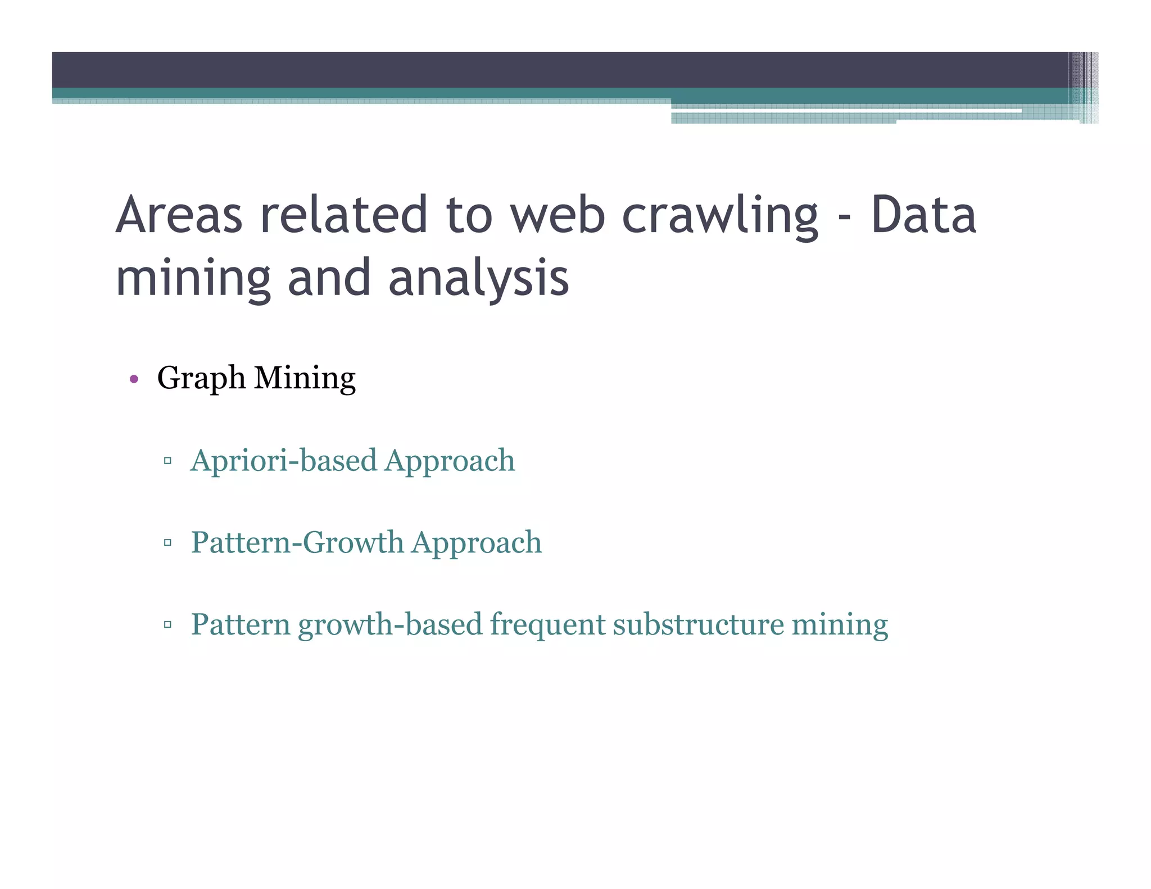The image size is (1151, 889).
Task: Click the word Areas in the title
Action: click(179, 215)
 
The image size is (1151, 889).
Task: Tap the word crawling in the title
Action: click(720, 215)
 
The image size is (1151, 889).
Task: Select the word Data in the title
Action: click(923, 215)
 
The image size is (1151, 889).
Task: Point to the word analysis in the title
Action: click(478, 278)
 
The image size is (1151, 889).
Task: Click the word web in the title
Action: click(557, 215)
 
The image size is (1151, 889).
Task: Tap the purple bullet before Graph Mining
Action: click(134, 379)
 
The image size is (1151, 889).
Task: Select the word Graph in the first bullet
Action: click(201, 378)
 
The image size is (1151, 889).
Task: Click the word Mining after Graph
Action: click(305, 378)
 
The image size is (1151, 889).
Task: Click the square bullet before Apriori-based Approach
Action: click(167, 461)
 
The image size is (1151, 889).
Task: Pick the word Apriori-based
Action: click(284, 461)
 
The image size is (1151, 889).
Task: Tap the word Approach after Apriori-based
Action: click(450, 461)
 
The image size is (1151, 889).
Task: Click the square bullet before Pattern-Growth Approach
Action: click(167, 543)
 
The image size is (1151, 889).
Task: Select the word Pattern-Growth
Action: click(297, 543)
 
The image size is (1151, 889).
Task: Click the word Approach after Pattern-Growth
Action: click(477, 543)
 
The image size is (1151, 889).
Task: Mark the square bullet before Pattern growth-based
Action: click(167, 624)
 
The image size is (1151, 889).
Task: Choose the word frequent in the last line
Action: click(547, 625)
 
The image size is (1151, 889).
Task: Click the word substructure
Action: click(698, 625)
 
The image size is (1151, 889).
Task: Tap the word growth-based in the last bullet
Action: click(390, 625)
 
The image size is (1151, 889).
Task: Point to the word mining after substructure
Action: click(840, 625)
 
